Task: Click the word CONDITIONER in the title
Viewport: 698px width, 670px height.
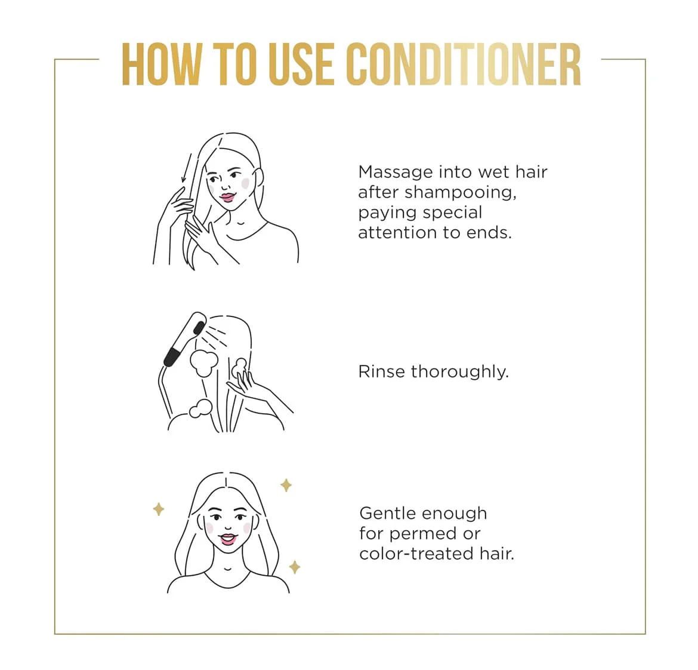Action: coord(464,64)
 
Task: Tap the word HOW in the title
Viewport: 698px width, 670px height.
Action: coord(161,64)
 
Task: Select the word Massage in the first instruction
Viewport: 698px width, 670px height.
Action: coord(396,173)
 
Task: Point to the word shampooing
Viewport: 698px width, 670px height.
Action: coord(461,193)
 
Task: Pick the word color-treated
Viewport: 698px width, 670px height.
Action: coord(416,554)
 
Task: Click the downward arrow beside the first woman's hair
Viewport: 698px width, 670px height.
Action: coord(187,168)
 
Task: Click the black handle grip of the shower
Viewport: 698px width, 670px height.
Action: coord(172,357)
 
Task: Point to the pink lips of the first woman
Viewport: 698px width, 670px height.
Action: coord(227,197)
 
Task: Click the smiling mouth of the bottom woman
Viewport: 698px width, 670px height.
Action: coord(227,539)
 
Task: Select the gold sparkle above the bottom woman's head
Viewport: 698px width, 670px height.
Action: coord(286,485)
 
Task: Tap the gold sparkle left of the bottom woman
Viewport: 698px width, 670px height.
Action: coord(159,509)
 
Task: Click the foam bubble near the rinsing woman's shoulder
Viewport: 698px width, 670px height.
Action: coord(200,409)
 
